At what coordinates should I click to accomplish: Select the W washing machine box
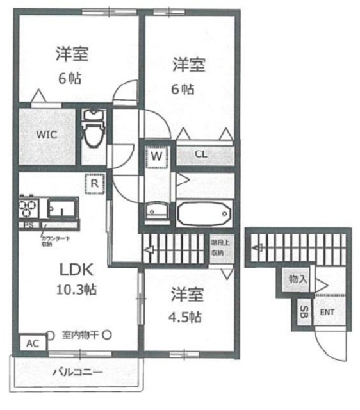156,155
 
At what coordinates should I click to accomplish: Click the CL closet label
200,155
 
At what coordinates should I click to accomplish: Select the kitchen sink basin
62,208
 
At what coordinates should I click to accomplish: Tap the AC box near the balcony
32,343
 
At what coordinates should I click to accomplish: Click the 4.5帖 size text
186,316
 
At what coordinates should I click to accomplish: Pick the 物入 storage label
297,279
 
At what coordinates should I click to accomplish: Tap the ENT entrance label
327,313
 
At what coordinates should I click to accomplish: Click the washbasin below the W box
156,211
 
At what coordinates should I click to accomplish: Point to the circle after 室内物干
107,334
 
